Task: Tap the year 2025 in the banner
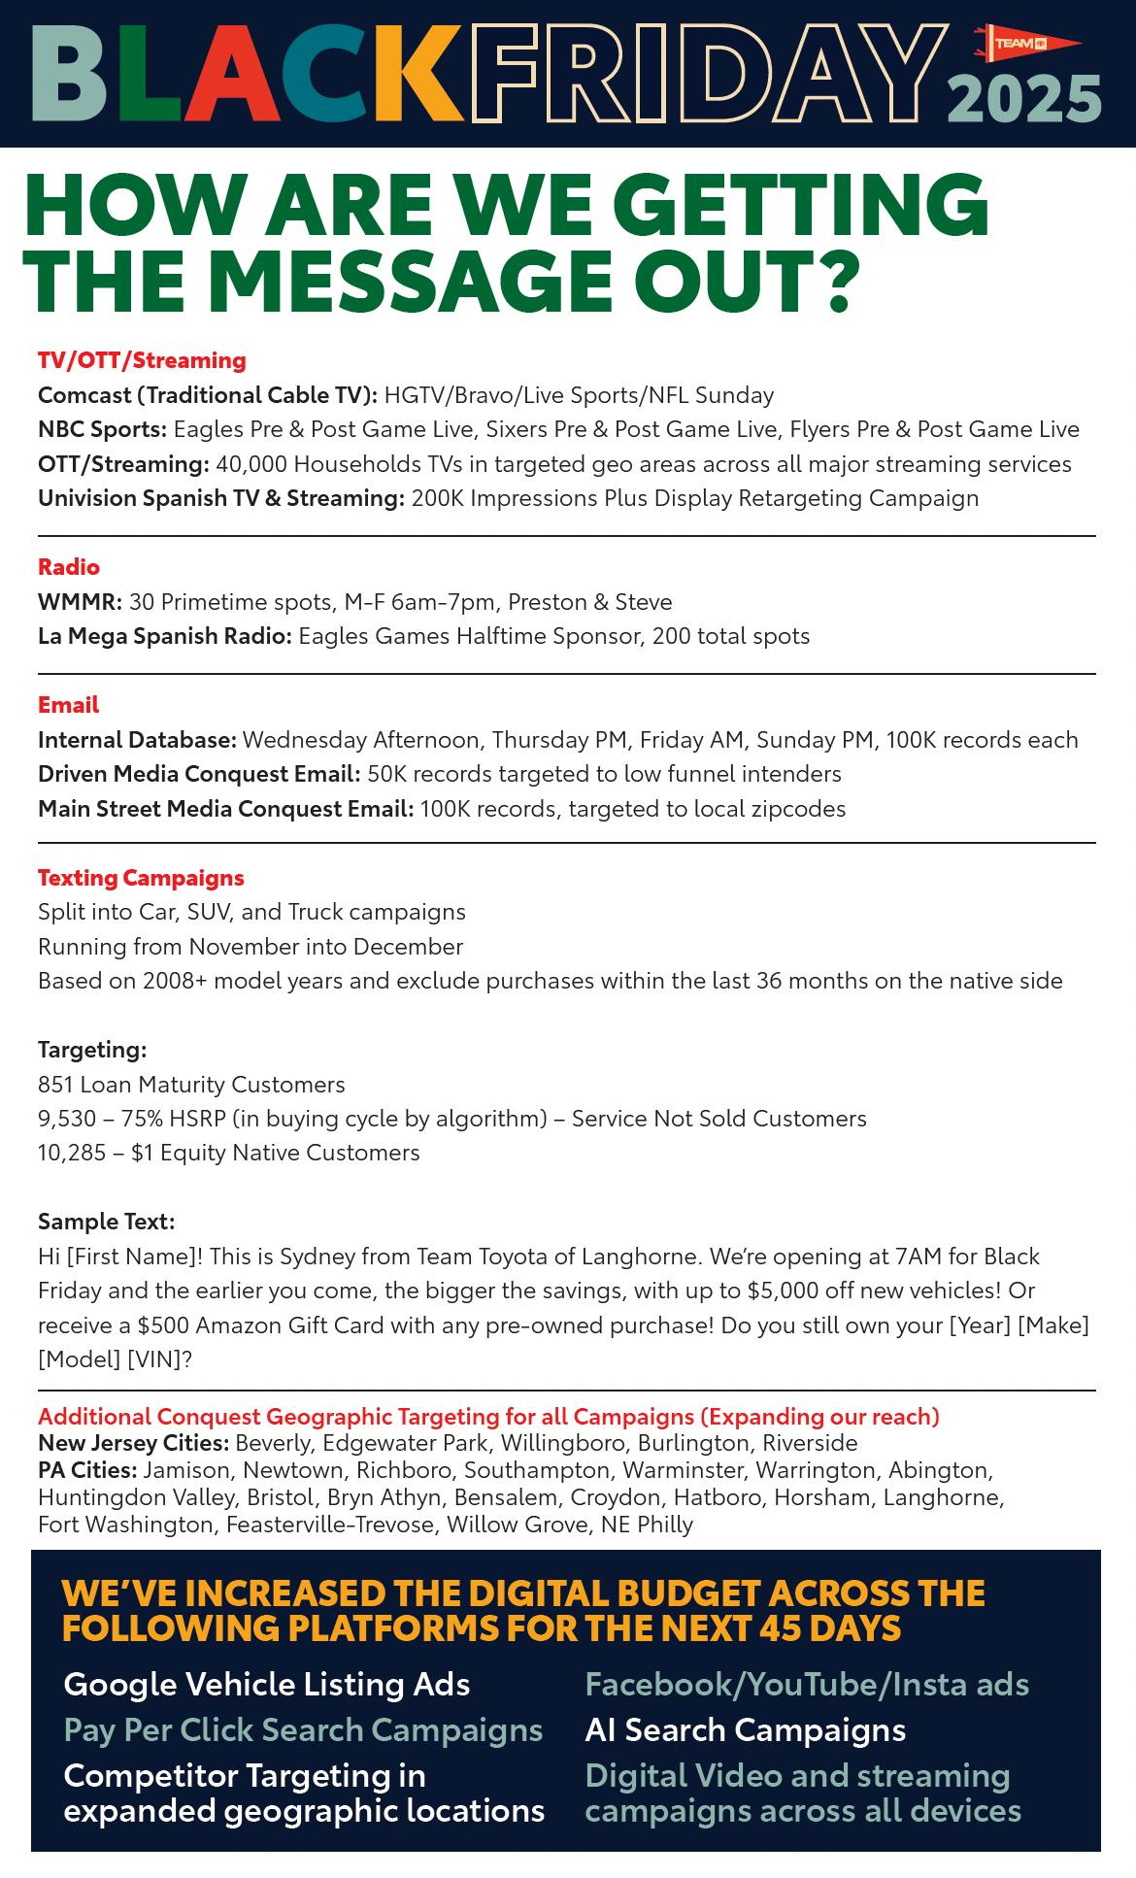(1024, 99)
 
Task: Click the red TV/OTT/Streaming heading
(142, 360)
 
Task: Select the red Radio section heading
(69, 566)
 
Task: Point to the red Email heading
(68, 704)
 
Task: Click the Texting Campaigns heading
(141, 877)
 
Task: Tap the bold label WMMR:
(80, 602)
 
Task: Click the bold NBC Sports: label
(102, 429)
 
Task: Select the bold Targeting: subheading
(92, 1050)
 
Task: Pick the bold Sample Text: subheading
(106, 1221)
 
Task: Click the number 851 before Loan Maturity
(55, 1084)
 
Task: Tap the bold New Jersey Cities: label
(133, 1442)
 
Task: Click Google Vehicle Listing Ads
(267, 1683)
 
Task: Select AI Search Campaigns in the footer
(745, 1729)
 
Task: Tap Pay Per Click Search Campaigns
(303, 1729)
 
